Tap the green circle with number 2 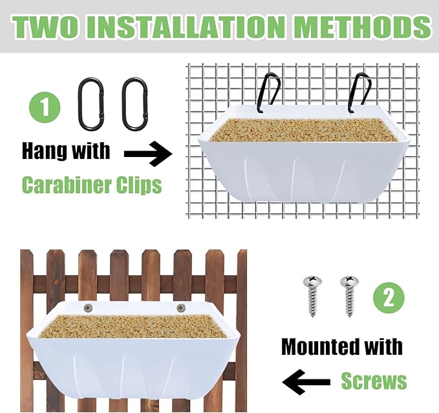pos(389,298)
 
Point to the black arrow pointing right pos(147,154)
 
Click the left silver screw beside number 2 pos(312,294)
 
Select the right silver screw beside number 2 pos(349,294)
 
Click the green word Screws pos(374,381)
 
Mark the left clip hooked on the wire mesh pos(270,90)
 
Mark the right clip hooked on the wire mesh pos(360,90)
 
